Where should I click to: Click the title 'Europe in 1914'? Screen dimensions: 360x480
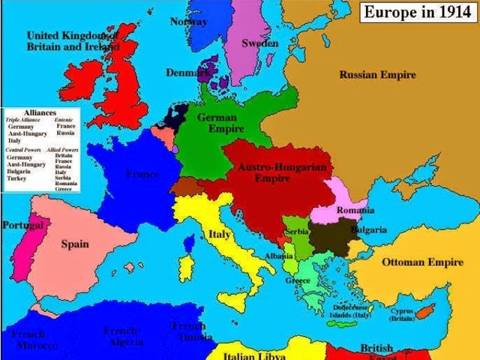(417, 13)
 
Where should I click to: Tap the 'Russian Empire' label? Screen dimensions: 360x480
(377, 75)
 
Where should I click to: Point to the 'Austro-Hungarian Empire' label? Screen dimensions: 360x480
(282, 173)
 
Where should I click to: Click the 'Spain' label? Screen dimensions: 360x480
(75, 244)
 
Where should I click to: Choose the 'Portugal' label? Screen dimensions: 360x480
(22, 225)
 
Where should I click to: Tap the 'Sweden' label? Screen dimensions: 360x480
(259, 43)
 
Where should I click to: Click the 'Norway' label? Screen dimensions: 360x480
(188, 21)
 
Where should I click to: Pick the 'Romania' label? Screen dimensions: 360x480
(355, 210)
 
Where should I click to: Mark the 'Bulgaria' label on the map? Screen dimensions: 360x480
(369, 229)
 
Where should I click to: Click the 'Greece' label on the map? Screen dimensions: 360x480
(298, 280)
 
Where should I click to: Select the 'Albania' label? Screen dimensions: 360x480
(279, 256)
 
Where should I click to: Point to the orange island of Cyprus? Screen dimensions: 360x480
(428, 309)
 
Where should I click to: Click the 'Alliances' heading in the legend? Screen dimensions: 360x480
(40, 112)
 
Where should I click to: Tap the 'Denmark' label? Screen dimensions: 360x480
(187, 73)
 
